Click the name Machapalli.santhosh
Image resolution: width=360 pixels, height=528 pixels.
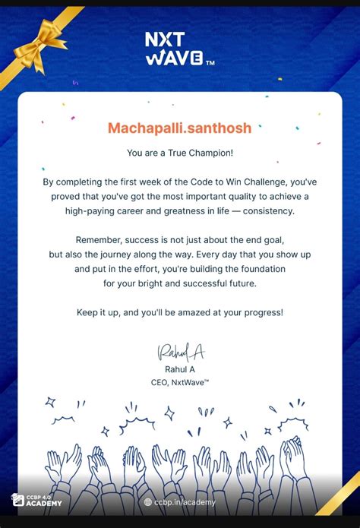pos(179,127)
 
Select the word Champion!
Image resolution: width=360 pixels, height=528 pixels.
pos(208,153)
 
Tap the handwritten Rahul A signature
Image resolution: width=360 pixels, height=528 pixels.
pos(181,352)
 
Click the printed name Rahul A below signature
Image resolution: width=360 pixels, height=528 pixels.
pos(180,369)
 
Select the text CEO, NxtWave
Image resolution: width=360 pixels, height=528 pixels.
pos(180,382)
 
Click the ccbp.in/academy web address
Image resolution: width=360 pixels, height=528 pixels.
pos(185,502)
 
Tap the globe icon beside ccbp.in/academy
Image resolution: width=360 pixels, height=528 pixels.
pos(148,502)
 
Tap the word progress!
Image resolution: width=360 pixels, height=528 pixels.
pos(261,312)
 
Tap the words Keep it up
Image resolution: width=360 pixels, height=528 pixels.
pos(100,312)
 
